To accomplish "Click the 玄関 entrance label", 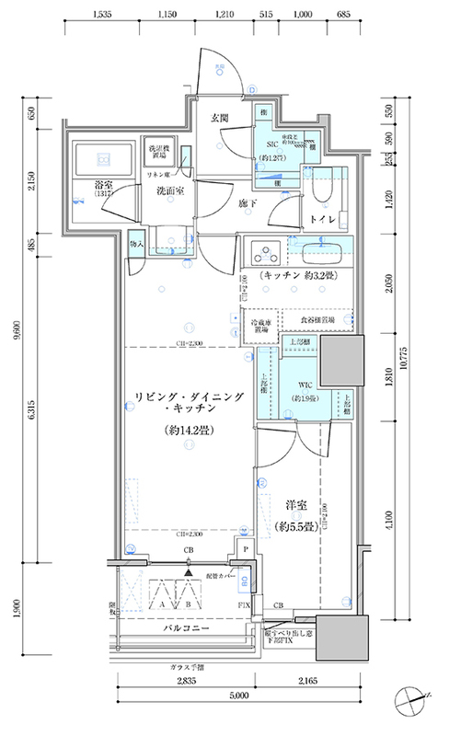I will (x=220, y=118).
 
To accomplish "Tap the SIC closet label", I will (x=272, y=144).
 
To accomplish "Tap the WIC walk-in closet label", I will (x=305, y=386).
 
